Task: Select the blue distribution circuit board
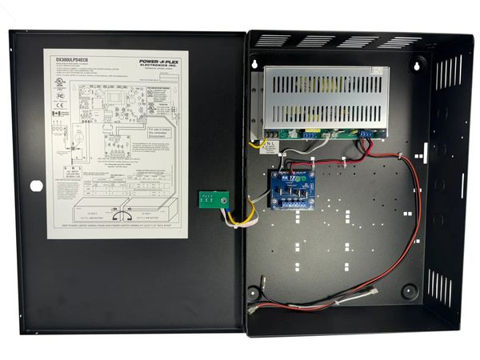coord(293,186)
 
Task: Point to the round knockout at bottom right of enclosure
coord(409,292)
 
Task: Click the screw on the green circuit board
coord(224,200)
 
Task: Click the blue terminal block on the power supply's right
coord(367,134)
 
